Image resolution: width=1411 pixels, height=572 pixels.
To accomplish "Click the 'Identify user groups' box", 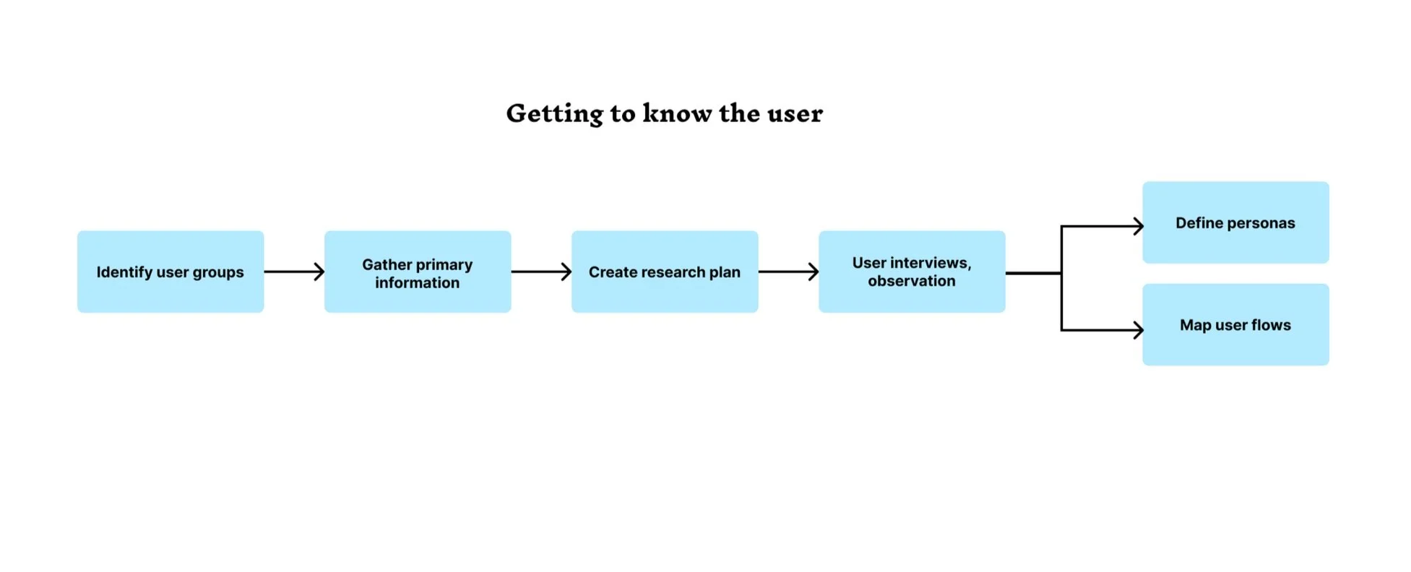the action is [x=171, y=272].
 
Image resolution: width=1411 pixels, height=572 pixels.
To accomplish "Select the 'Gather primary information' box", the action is [x=418, y=272].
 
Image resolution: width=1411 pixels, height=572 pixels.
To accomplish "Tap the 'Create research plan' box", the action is [x=665, y=272].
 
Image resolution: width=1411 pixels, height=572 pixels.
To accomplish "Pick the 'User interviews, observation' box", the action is [x=912, y=272].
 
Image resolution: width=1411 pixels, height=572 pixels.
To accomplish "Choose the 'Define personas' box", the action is [x=1235, y=222].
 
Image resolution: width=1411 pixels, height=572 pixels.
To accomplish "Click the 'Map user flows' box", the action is [x=1235, y=324].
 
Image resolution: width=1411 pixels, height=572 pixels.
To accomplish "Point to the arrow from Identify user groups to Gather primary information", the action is [x=294, y=272].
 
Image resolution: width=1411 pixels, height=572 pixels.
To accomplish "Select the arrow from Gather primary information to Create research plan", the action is [x=541, y=272].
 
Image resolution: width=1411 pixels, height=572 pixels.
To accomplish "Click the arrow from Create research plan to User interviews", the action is [x=788, y=272].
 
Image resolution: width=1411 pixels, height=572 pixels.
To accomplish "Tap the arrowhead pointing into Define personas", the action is [x=1139, y=227].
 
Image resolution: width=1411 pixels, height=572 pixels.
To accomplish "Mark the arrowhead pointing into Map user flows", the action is [x=1139, y=330].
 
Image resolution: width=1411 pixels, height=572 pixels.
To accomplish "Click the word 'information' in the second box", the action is [x=417, y=282].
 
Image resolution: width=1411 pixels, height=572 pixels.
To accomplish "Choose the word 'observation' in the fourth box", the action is [x=912, y=281].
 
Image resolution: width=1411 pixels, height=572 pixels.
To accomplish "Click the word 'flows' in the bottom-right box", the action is [x=1272, y=325].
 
